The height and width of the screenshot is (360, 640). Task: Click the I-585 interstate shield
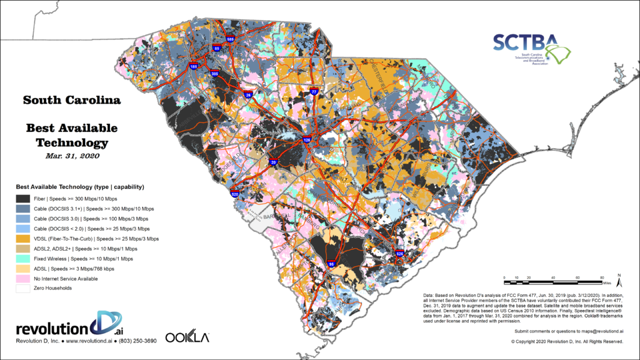point(231,40)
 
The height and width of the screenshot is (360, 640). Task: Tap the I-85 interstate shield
point(217,47)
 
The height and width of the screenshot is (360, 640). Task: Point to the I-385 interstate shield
point(216,74)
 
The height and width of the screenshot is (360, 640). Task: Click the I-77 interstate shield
point(314,92)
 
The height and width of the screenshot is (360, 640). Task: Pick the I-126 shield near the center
point(306,140)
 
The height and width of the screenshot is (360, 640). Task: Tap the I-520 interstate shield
point(235,194)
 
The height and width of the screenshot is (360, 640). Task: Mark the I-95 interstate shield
point(331,265)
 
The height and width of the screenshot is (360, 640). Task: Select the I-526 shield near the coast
point(399,254)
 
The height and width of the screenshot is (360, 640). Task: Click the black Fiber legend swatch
point(26,197)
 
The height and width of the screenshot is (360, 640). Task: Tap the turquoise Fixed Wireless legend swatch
point(26,257)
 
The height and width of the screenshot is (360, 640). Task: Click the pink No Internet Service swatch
point(26,277)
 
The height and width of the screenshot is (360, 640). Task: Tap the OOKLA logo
point(187,337)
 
